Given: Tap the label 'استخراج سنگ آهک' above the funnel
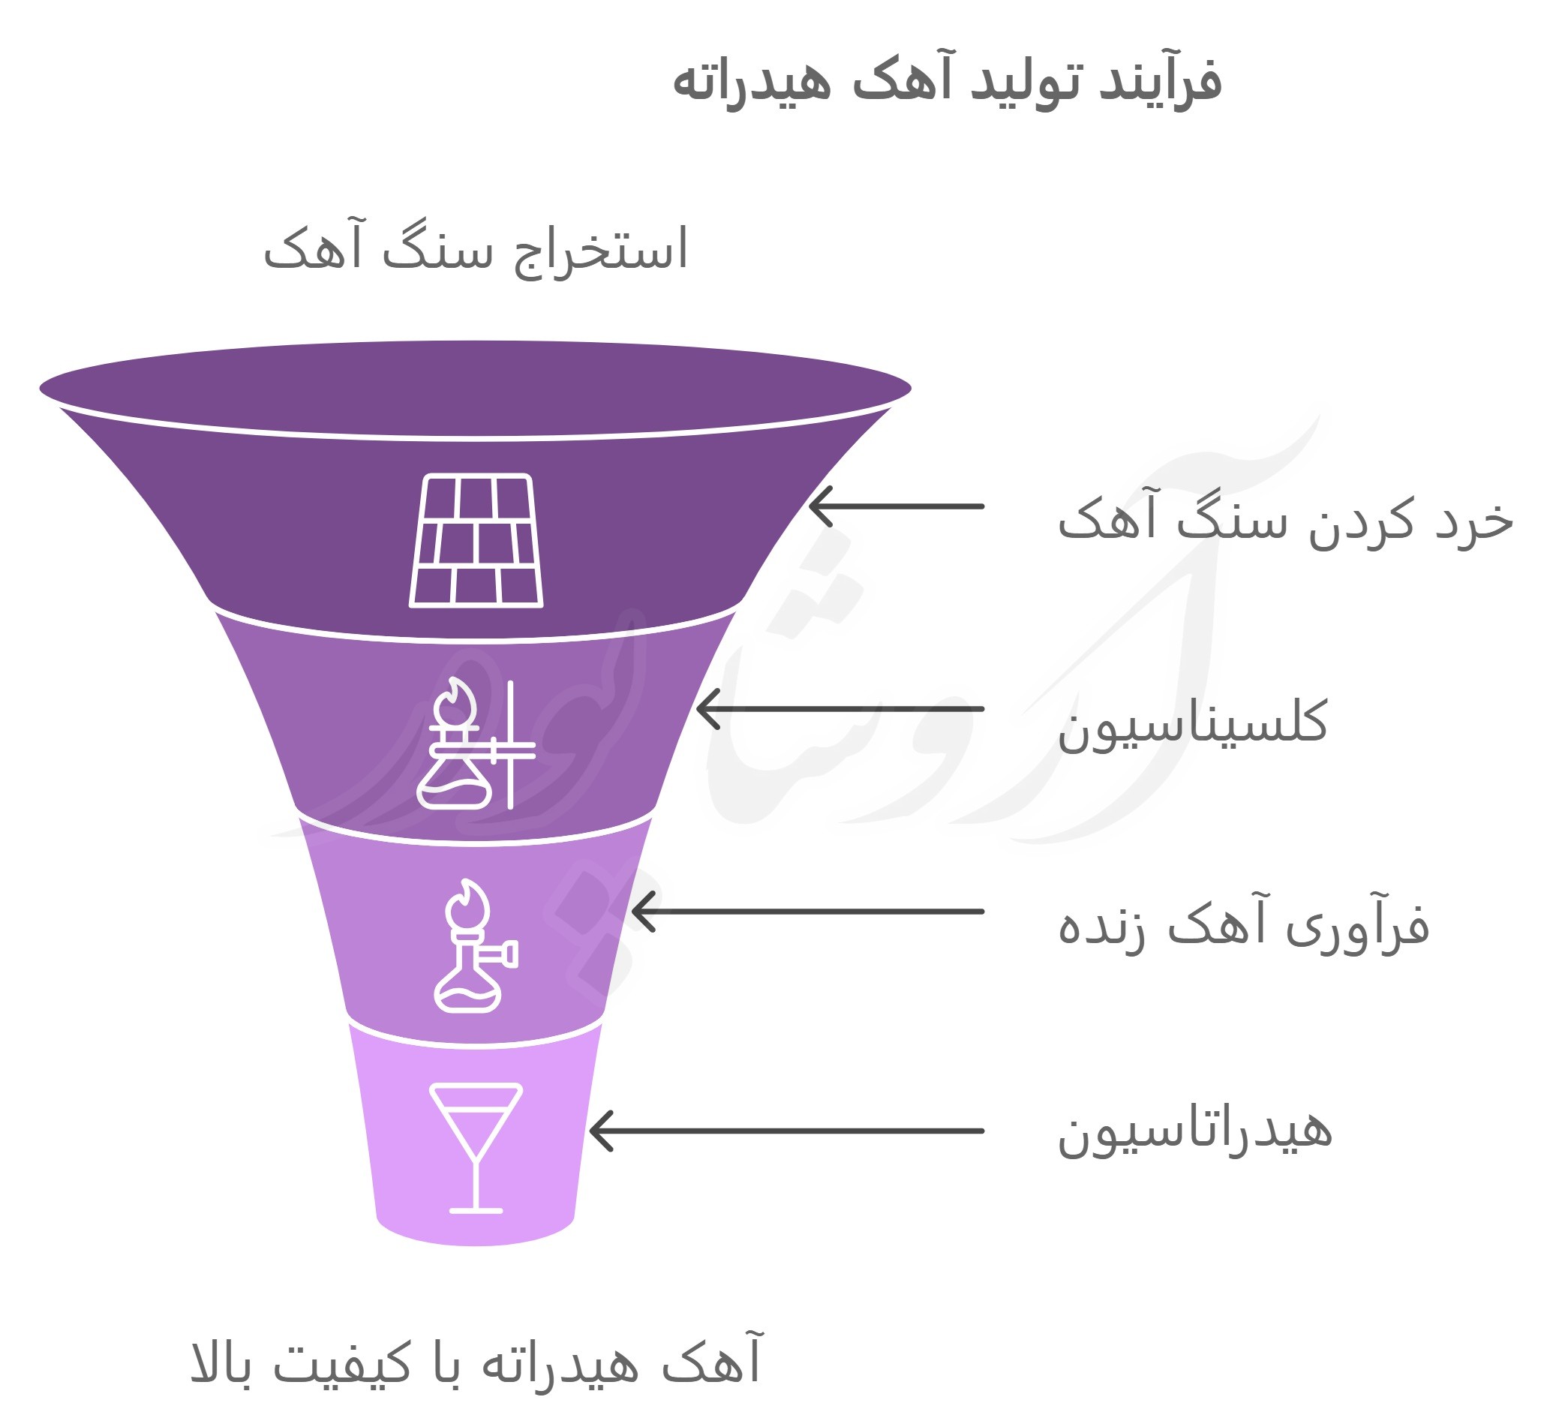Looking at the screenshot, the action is point(476,248).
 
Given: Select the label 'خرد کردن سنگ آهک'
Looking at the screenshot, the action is point(1285,518).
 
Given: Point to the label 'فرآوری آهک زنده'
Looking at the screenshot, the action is point(1243,924).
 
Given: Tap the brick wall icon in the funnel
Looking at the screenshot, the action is point(476,540).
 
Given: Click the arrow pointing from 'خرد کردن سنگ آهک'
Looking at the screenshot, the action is point(896,506).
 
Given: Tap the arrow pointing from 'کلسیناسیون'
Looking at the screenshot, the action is point(840,708).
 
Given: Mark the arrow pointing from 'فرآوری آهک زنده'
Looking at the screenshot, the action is point(807,912).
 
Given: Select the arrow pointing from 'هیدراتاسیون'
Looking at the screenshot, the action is point(786,1131).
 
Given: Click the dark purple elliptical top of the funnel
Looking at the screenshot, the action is point(476,389).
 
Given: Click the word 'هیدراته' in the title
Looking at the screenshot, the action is point(752,82).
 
